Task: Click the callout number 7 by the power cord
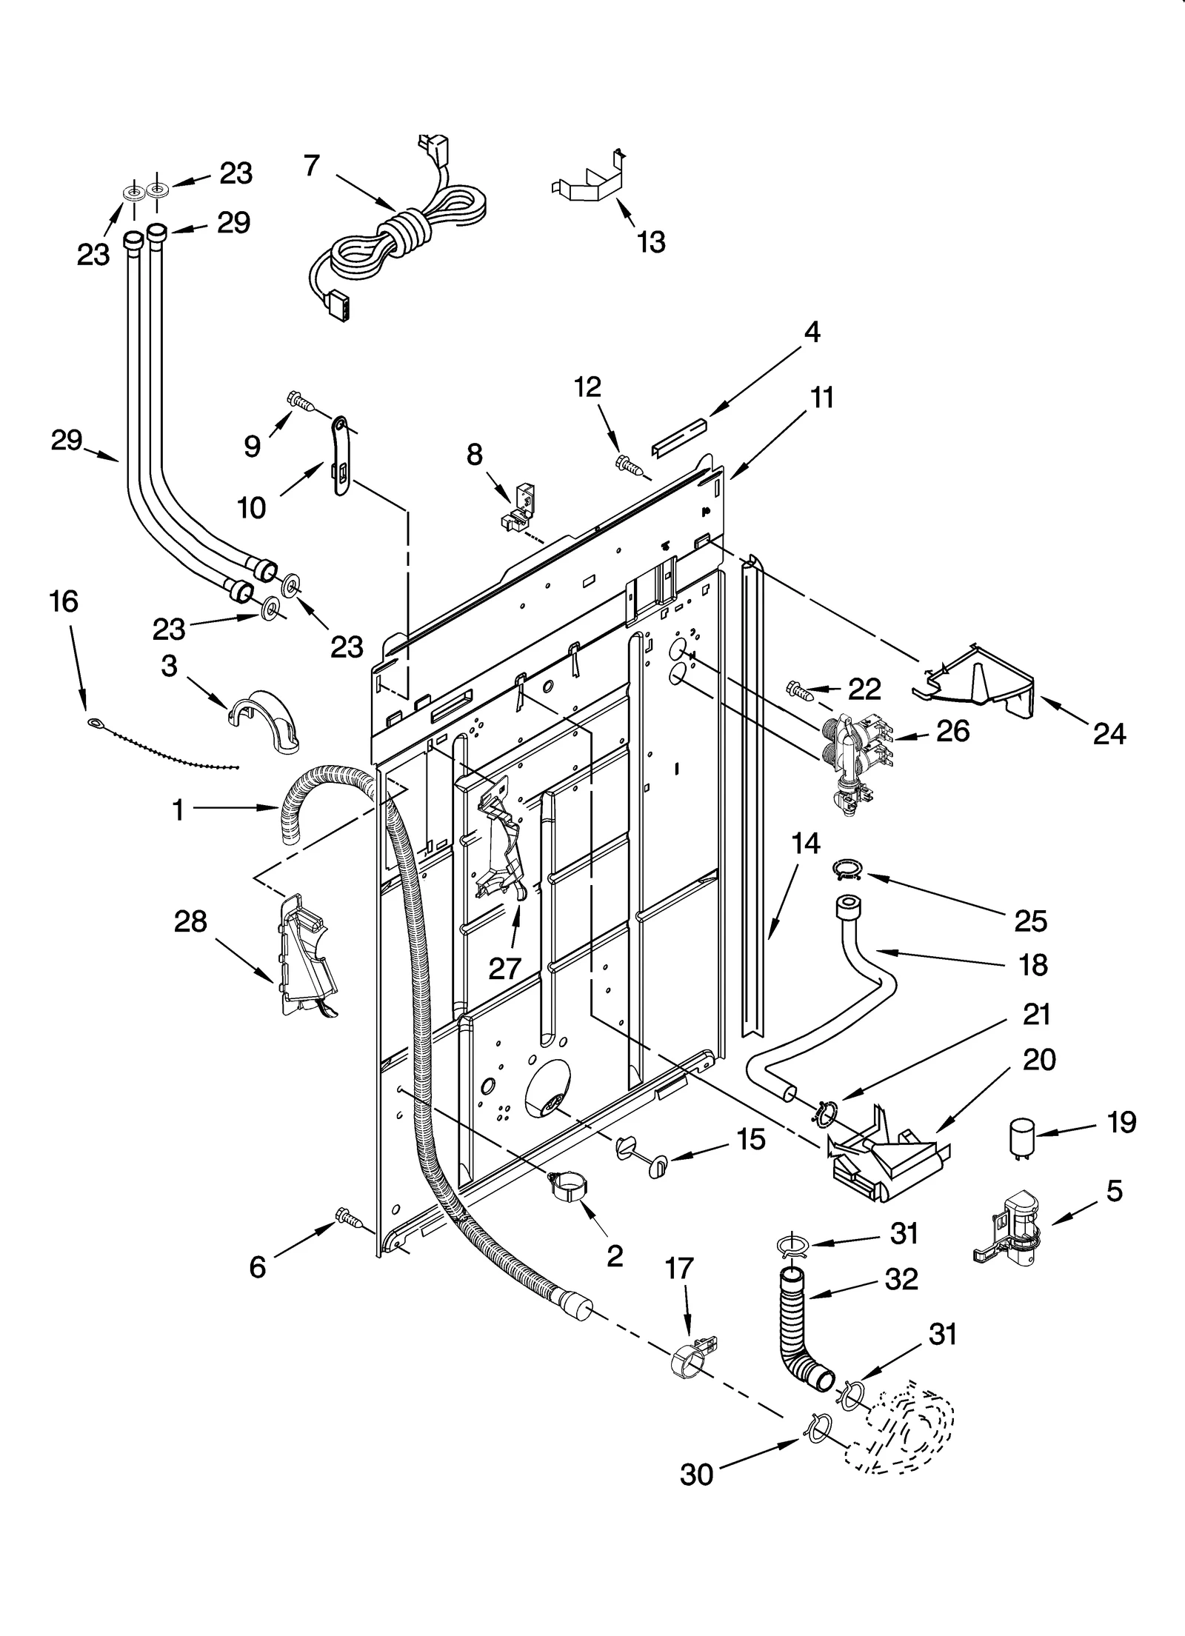point(312,166)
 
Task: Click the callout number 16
point(64,601)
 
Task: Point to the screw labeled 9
point(300,402)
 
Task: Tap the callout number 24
point(1109,733)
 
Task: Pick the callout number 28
point(190,922)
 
